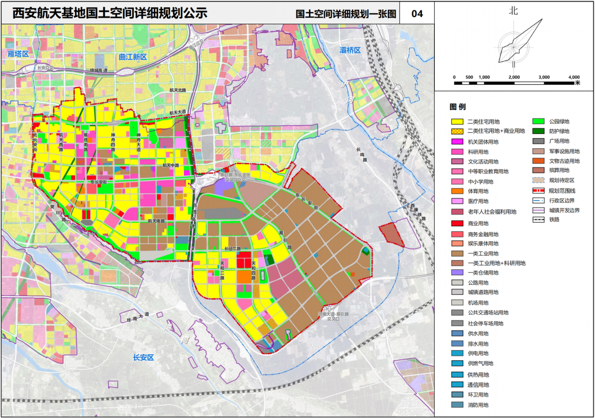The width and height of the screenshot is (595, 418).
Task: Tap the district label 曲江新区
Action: pos(133,57)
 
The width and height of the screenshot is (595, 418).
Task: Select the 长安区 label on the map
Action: pos(143,357)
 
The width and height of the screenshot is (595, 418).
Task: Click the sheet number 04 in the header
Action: pos(417,14)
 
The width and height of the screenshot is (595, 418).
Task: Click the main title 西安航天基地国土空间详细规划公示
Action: pos(110,13)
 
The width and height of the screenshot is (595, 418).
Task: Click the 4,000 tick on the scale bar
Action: pos(573,77)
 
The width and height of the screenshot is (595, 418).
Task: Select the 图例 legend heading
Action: pos(457,106)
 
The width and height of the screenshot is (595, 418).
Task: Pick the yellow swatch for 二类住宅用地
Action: pos(457,121)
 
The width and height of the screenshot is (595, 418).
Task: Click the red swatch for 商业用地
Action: pos(457,223)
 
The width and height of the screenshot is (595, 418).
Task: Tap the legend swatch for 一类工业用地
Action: pos(457,253)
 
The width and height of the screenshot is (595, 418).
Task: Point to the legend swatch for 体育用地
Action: pos(457,191)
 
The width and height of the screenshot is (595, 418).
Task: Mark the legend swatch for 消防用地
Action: pos(457,405)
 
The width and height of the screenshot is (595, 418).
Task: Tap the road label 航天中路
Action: pos(171,164)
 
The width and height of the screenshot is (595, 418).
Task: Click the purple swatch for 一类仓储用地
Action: pos(457,273)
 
